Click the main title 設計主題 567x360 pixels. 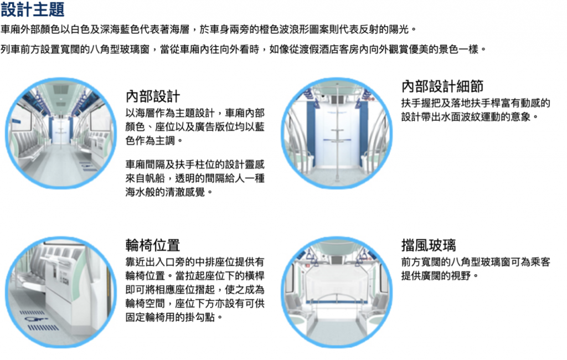(33, 9)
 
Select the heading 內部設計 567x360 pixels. (153, 96)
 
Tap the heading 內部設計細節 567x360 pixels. (442, 86)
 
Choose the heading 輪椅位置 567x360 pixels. (153, 245)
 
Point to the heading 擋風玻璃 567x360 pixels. (429, 245)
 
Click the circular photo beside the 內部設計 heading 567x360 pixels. (61, 133)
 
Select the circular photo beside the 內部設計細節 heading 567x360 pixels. (337, 133)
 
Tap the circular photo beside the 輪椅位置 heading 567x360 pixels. (61, 292)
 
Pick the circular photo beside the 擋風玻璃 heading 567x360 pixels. (337, 292)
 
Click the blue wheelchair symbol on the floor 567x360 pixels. (36, 319)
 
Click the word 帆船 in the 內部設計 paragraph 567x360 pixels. (155, 178)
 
